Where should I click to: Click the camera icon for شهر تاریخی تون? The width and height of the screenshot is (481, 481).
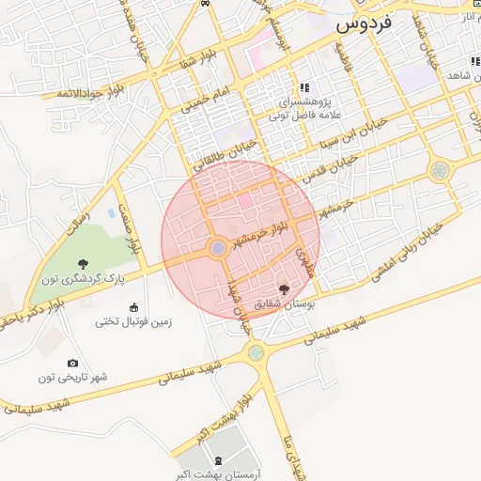tap(73, 364)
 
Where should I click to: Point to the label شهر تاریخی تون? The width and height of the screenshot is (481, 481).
tap(73, 378)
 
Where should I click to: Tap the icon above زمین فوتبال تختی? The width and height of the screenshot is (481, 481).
tap(132, 307)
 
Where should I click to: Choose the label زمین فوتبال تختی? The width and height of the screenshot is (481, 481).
tap(132, 321)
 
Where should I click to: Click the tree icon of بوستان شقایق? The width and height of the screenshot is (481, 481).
tap(285, 290)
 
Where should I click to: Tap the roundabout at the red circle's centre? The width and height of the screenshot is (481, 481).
tap(218, 248)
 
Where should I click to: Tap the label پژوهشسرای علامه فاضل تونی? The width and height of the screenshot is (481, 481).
tap(303, 104)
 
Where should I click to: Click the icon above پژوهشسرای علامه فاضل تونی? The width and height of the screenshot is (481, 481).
tap(303, 86)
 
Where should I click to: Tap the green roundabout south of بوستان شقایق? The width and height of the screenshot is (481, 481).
tap(255, 352)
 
